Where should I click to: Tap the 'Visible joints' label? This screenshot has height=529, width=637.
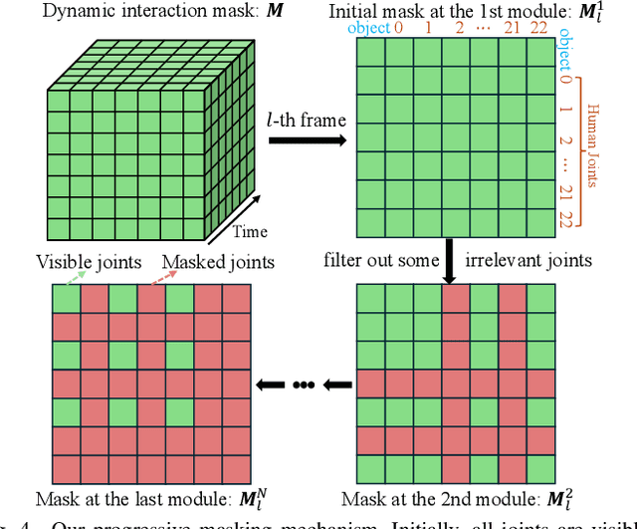[87, 261]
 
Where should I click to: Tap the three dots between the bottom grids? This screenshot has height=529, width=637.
[305, 383]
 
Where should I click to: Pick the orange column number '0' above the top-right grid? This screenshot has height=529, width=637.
[398, 29]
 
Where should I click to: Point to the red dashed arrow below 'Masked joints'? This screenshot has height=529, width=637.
[151, 279]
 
